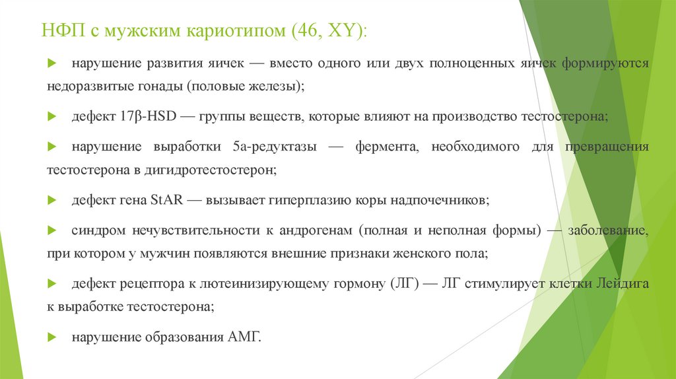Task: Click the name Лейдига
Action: (x=622, y=285)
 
